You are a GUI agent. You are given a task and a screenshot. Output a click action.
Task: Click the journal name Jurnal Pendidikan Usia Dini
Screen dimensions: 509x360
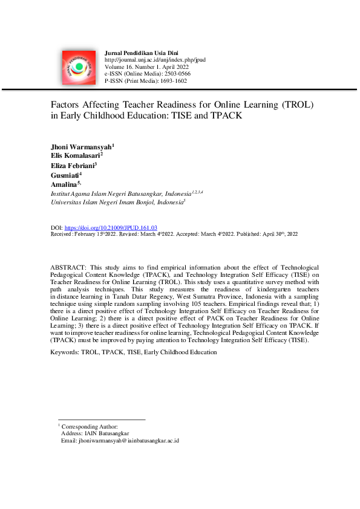[x=142, y=54]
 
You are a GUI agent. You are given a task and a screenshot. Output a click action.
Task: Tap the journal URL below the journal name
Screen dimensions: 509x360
[x=155, y=60]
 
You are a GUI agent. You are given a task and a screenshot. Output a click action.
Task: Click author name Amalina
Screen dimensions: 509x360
[x=64, y=183]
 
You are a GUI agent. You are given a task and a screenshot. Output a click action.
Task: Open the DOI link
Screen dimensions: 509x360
[x=111, y=228]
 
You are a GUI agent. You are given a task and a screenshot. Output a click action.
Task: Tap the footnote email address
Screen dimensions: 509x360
[x=128, y=441]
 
